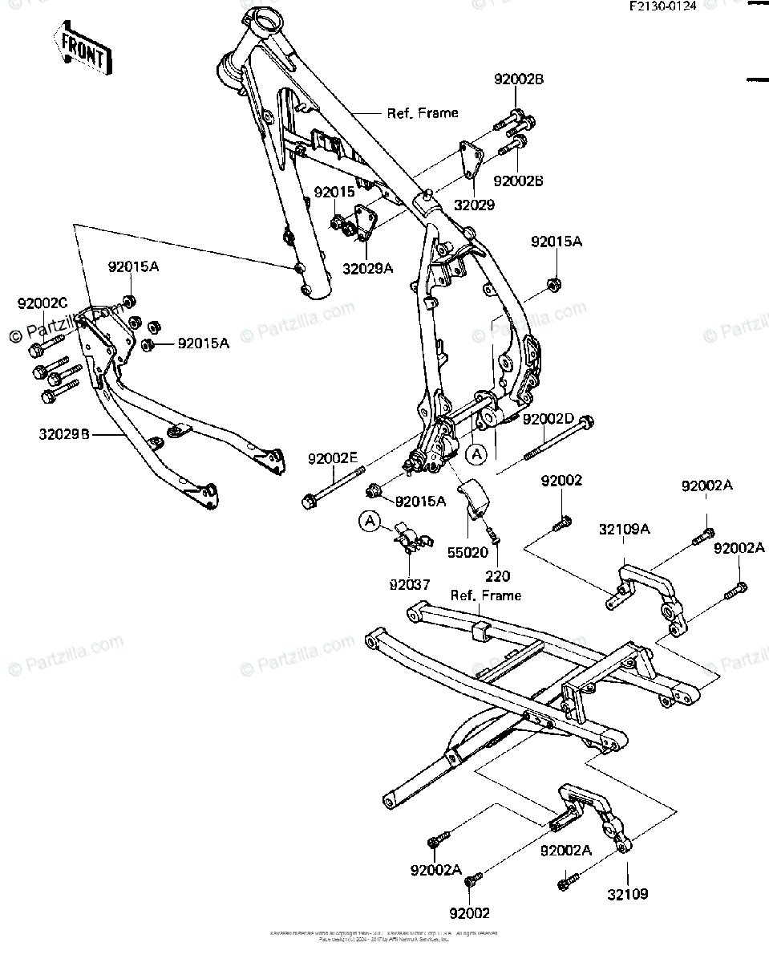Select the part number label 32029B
coord(63,436)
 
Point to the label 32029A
coord(368,269)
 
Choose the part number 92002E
coord(333,458)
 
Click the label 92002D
coord(548,419)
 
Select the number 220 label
coord(497,575)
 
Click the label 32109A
coord(624,529)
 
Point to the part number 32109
coord(627,893)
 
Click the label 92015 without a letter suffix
coord(334,193)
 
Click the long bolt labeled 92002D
coord(558,439)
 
